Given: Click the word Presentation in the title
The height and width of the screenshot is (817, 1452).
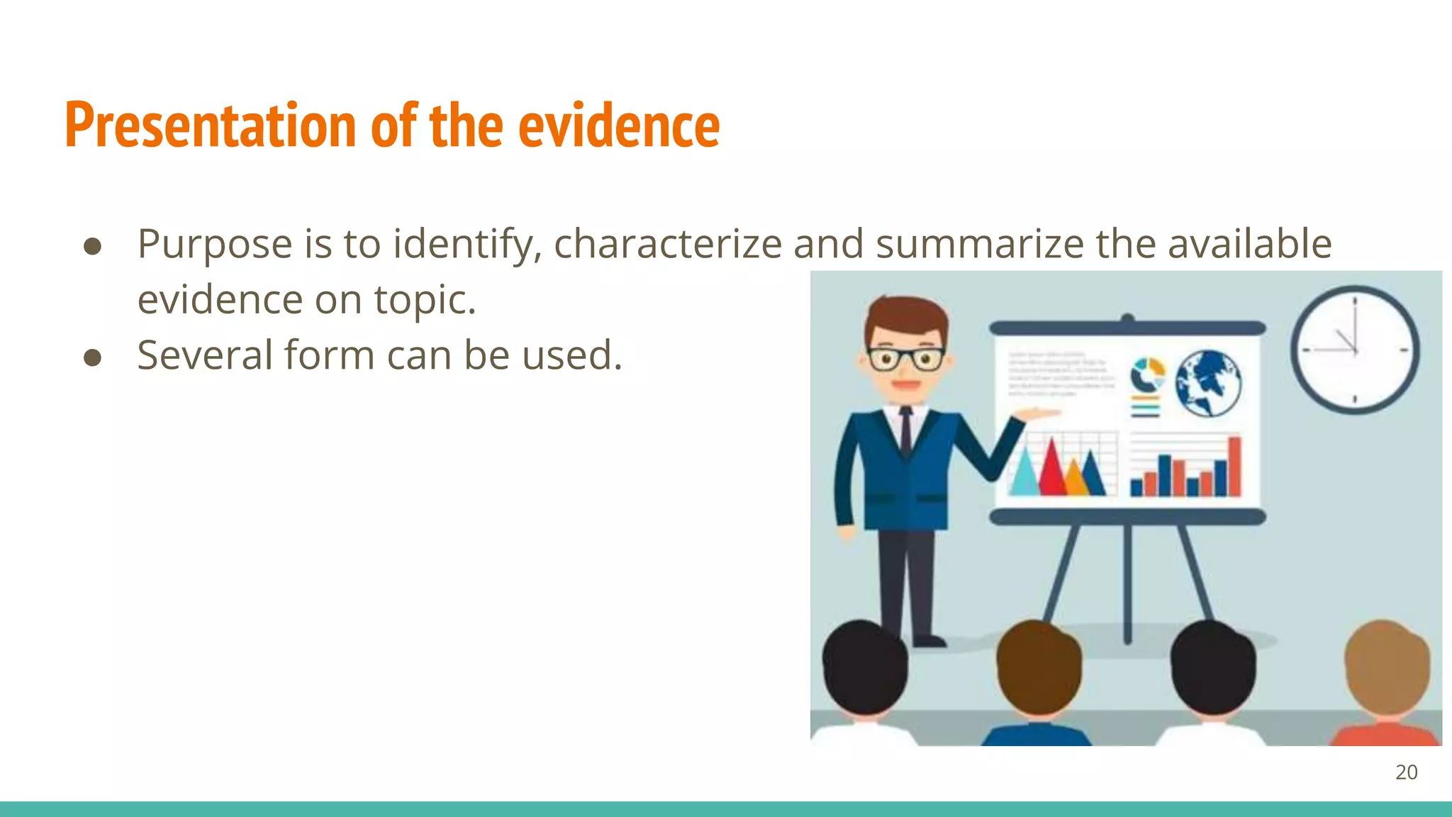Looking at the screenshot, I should coord(210,126).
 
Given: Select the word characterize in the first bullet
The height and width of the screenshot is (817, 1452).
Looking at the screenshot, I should coord(667,244).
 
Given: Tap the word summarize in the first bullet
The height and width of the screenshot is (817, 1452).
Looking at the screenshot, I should coord(980,244).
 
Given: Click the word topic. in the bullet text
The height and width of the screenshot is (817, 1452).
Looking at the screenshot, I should coord(425,299).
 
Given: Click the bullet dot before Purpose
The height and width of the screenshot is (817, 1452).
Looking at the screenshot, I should coord(92,246).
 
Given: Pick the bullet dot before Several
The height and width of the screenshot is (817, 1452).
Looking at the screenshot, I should coord(92,357).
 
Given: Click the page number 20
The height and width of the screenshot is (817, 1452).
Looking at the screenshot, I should coord(1406,772).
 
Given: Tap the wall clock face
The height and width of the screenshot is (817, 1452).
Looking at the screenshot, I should coord(1354,350).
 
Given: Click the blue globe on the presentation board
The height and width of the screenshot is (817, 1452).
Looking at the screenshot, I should coord(1208,384).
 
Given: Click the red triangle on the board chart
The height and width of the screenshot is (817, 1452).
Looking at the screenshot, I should coord(1052,470).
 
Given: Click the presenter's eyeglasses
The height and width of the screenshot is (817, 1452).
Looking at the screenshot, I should coord(905,359).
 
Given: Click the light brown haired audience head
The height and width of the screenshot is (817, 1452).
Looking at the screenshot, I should coord(1386,667).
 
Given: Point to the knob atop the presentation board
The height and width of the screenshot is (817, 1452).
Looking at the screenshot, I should coord(1127,318).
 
